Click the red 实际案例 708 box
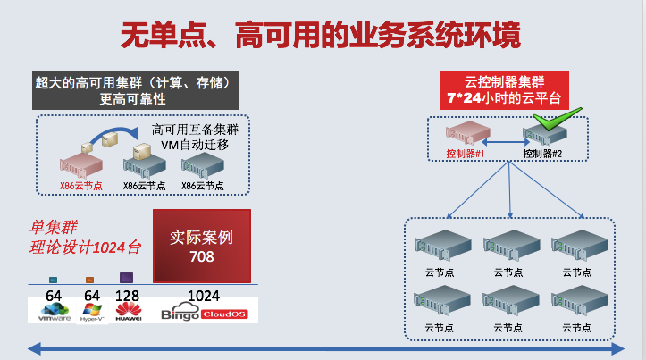pyautogui.click(x=202, y=246)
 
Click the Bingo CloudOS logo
pyautogui.click(x=208, y=312)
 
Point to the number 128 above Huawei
pyautogui.click(x=128, y=295)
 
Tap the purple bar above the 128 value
pyautogui.click(x=127, y=278)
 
